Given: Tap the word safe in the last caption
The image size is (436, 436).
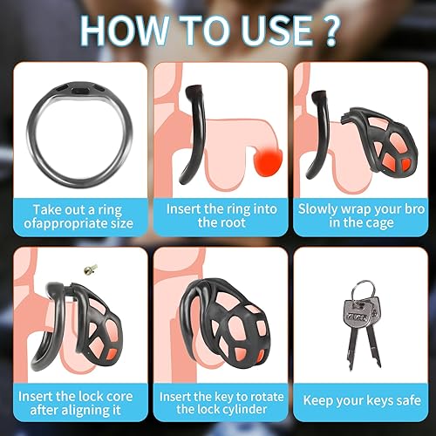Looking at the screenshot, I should (x=400, y=403).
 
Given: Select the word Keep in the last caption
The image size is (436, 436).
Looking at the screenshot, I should (x=322, y=403).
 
